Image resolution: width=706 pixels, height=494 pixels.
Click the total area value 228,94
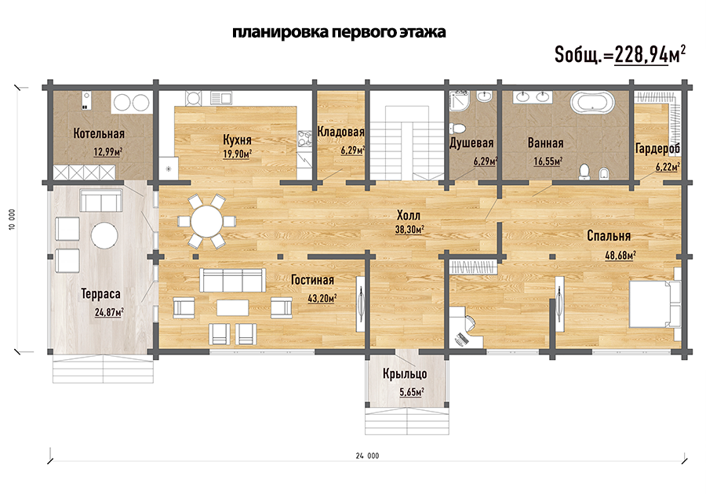(x=641, y=55)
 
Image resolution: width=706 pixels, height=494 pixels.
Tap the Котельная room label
(x=99, y=133)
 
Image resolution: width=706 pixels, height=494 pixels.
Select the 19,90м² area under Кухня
(x=237, y=154)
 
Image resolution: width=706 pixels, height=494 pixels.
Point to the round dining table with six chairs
(x=206, y=221)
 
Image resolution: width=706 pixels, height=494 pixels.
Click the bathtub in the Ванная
(x=592, y=102)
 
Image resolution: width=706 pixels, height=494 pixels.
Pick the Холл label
(x=409, y=215)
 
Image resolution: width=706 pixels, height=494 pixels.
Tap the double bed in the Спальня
(x=655, y=303)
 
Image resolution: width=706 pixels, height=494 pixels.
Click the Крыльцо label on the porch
(x=405, y=374)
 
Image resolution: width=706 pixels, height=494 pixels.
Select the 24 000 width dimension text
(x=367, y=456)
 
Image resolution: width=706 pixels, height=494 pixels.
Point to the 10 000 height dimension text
(x=12, y=220)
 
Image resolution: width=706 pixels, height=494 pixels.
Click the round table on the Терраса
(x=104, y=235)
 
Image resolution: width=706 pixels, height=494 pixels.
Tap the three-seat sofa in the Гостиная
(x=232, y=280)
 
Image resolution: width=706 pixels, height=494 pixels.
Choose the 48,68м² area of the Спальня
(x=620, y=256)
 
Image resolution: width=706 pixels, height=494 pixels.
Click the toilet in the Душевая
(x=458, y=129)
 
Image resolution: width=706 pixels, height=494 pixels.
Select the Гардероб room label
(x=657, y=148)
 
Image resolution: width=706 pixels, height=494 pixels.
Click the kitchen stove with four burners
(x=304, y=139)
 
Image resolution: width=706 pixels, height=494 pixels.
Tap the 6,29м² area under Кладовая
(x=352, y=151)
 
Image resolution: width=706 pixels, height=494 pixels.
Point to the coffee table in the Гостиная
(x=233, y=308)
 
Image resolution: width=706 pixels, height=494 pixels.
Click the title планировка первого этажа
(x=339, y=32)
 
